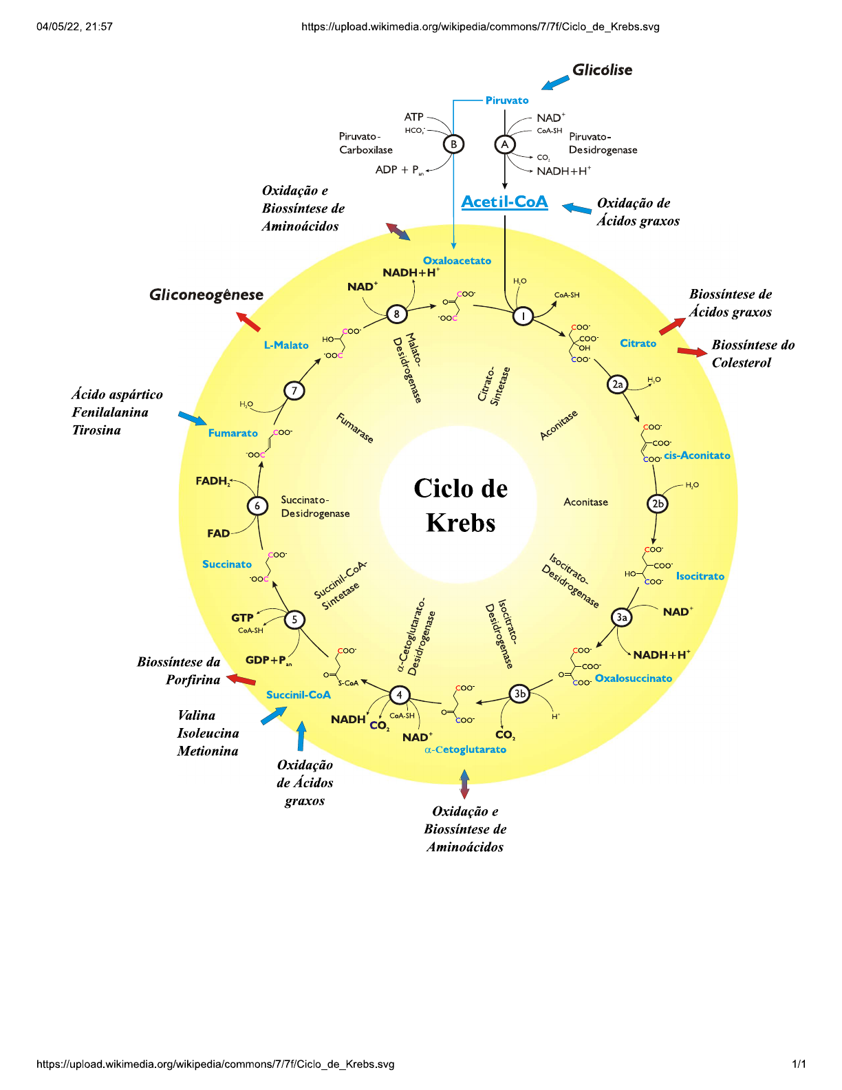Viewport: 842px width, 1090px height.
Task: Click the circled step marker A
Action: (x=505, y=145)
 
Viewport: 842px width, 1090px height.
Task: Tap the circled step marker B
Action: (x=453, y=145)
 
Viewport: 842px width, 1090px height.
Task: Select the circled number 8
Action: (x=396, y=314)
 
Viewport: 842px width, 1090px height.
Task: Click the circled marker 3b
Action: (x=519, y=694)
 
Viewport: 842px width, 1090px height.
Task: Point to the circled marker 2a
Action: (x=617, y=385)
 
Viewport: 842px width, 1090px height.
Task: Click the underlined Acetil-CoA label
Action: (x=504, y=202)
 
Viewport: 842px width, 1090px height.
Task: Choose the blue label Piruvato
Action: (x=507, y=100)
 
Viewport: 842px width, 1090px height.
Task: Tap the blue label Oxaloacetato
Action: (x=457, y=261)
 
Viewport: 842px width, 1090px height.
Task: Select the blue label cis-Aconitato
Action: (x=696, y=456)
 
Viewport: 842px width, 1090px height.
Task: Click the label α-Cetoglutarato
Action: (x=466, y=749)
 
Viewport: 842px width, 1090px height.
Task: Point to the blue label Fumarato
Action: (x=233, y=433)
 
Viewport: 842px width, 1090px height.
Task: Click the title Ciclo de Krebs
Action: (x=460, y=505)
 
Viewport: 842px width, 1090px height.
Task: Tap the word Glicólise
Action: (x=602, y=70)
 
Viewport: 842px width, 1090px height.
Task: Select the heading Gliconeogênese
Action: (x=206, y=295)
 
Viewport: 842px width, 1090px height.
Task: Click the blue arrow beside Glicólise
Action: (x=555, y=83)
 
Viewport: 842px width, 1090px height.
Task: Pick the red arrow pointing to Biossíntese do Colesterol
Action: (x=691, y=352)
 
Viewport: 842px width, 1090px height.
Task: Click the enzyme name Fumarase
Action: (x=355, y=428)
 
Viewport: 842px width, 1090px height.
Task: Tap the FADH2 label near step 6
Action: (x=212, y=481)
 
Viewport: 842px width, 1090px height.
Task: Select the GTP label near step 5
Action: (x=242, y=618)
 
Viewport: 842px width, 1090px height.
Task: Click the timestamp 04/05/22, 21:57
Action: (x=74, y=27)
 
